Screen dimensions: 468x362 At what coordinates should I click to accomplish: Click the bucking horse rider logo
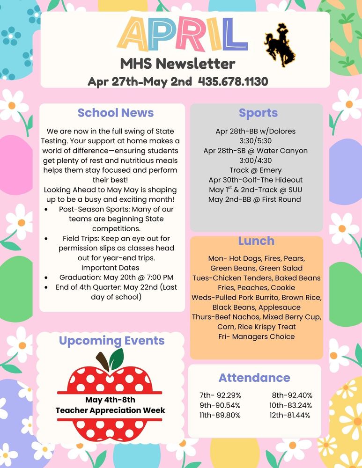(280, 45)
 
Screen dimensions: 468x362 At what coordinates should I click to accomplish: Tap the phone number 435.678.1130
(233, 81)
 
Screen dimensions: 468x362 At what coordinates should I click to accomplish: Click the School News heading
(116, 113)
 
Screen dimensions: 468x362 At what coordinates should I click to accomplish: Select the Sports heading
(258, 113)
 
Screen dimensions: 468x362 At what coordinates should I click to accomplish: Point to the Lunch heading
(256, 241)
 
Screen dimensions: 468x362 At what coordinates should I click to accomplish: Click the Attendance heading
(254, 378)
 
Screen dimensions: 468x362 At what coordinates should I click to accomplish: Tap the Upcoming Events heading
(111, 341)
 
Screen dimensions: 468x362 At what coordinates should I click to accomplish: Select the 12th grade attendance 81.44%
(290, 415)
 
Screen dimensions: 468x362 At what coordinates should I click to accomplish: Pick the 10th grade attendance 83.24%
(290, 405)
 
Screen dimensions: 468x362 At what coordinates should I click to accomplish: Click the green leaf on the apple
(116, 358)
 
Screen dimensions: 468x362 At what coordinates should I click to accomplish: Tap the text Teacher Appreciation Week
(111, 410)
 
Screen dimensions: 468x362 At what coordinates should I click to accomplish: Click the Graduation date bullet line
(116, 277)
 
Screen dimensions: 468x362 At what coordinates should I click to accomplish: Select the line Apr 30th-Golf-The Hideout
(256, 180)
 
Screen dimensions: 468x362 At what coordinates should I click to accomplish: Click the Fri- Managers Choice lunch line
(256, 336)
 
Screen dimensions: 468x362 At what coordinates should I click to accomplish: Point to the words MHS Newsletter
(177, 63)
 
